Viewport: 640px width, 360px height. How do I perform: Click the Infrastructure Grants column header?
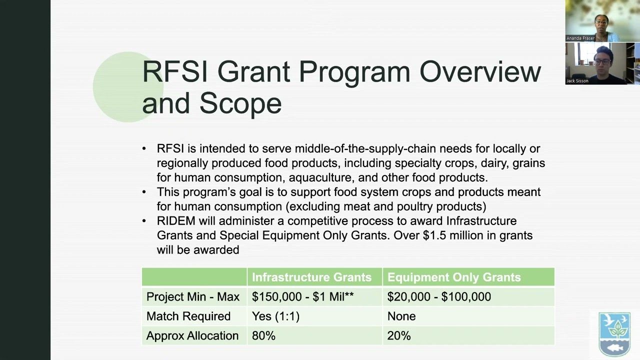click(311, 277)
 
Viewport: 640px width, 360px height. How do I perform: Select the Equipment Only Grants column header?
click(454, 277)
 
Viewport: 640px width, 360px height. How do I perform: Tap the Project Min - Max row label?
click(193, 296)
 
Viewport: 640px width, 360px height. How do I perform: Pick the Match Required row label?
click(188, 316)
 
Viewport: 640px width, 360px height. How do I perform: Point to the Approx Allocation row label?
click(192, 335)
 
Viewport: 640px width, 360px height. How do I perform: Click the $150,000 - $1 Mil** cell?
click(302, 296)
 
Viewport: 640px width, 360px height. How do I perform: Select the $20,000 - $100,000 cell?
click(439, 296)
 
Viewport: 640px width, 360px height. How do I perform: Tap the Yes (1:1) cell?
click(275, 316)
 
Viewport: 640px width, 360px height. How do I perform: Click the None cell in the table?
click(401, 316)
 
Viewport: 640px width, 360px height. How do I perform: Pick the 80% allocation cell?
click(263, 335)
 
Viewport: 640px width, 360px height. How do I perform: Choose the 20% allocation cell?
click(399, 335)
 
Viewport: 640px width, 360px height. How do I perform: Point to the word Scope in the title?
click(240, 103)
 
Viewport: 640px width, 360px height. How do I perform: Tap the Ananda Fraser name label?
click(580, 38)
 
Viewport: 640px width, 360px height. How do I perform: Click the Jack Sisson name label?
click(577, 81)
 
